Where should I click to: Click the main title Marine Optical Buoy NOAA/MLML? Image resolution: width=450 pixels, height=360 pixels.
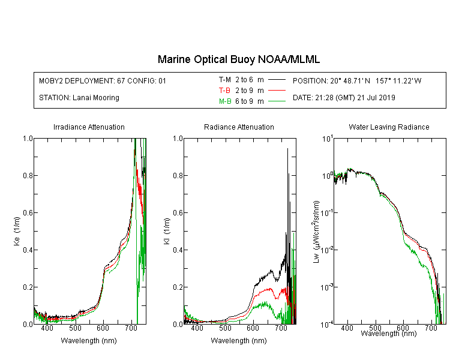pyautogui.click(x=238, y=59)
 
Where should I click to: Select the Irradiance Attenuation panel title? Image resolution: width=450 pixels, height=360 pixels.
pyautogui.click(x=89, y=127)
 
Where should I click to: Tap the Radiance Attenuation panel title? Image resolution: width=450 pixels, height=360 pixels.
pyautogui.click(x=239, y=127)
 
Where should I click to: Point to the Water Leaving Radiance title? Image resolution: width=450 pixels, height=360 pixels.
pyautogui.click(x=389, y=127)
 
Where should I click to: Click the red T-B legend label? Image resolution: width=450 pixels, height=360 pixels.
pyautogui.click(x=224, y=91)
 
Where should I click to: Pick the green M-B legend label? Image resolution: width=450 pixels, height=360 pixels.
pyautogui.click(x=225, y=101)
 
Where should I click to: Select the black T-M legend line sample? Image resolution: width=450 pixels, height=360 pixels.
pyautogui.click(x=277, y=80)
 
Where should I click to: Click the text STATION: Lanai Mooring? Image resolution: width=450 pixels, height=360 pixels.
pyautogui.click(x=79, y=98)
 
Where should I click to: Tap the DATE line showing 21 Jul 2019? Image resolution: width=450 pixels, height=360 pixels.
pyautogui.click(x=344, y=98)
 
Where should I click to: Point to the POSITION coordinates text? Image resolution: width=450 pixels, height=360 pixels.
pyautogui.click(x=357, y=80)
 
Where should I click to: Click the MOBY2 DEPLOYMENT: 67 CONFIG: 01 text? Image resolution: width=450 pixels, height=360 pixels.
pyautogui.click(x=103, y=80)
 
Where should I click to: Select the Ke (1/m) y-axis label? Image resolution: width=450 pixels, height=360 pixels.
pyautogui.click(x=17, y=231)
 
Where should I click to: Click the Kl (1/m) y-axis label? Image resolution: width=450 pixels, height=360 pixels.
pyautogui.click(x=167, y=231)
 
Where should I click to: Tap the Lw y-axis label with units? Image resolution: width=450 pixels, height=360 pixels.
pyautogui.click(x=316, y=232)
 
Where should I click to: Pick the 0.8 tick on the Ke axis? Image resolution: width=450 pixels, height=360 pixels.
pyautogui.click(x=28, y=175)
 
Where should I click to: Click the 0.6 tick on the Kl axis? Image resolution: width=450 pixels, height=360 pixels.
pyautogui.click(x=178, y=213)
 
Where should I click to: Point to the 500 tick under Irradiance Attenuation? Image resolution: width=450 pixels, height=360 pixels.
pyautogui.click(x=75, y=328)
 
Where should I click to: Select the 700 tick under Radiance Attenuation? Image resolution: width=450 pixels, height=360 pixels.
pyautogui.click(x=281, y=328)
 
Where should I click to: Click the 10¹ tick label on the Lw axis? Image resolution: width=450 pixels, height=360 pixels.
pyautogui.click(x=328, y=139)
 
